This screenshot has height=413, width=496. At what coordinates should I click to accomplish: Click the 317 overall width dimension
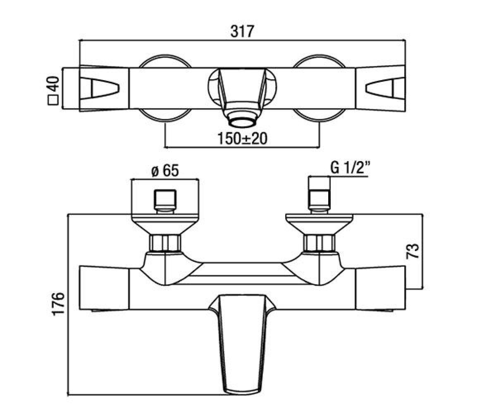(242, 31)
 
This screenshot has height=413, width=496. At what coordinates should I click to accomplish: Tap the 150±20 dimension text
(242, 139)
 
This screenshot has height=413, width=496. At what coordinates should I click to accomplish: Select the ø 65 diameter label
(165, 171)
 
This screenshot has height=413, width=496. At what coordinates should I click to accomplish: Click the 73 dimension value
(413, 251)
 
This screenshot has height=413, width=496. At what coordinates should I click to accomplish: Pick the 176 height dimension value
(58, 304)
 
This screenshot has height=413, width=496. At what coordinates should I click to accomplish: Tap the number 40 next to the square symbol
(53, 84)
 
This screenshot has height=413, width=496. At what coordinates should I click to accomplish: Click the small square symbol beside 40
(53, 100)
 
